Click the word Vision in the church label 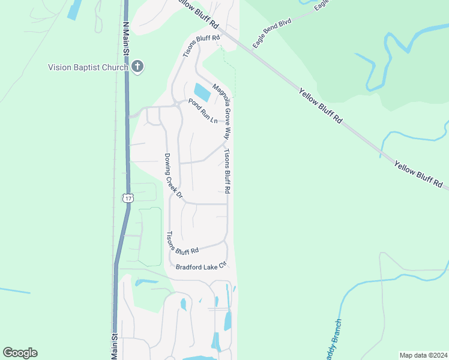pos(59,67)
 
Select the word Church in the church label pos(115,67)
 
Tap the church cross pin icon pos(137,66)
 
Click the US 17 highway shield pos(128,198)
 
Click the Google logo pos(20,353)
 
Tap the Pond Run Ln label pos(202,111)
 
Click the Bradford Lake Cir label pos(200,265)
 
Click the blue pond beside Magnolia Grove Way pos(202,92)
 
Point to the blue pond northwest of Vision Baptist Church pos(74,8)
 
